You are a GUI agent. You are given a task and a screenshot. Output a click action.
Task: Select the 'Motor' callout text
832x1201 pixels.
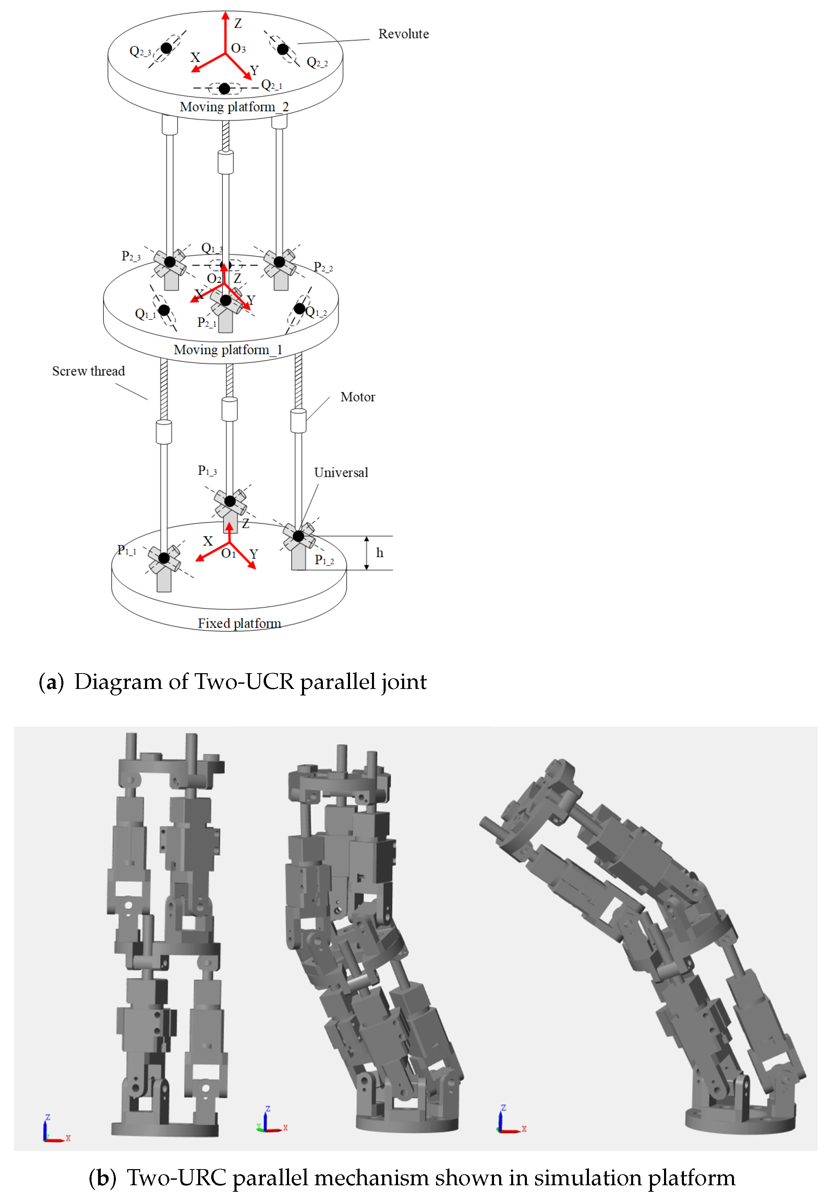coord(357,397)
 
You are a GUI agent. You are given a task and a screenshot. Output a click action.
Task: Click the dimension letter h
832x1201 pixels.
coord(379,553)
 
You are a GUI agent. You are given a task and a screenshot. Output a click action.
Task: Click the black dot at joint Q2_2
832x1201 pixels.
coord(282,49)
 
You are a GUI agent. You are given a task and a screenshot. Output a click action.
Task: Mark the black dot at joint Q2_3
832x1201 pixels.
coord(166,48)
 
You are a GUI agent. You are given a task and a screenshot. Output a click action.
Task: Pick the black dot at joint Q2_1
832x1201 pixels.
coord(224,89)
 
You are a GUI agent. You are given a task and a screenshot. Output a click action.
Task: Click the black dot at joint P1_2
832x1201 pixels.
coord(298,536)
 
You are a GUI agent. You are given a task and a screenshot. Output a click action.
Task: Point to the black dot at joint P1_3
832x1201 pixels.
coord(230,501)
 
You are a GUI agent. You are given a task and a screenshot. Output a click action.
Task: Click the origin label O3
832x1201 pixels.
coord(238,48)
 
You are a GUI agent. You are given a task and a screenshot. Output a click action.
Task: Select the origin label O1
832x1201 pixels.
coord(228,554)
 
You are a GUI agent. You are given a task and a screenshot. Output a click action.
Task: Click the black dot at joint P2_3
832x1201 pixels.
coord(170,262)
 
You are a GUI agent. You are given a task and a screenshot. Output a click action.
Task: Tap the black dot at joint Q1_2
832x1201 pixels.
coord(299,308)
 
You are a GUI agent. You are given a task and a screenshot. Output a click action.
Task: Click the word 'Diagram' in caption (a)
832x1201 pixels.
coord(118,682)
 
